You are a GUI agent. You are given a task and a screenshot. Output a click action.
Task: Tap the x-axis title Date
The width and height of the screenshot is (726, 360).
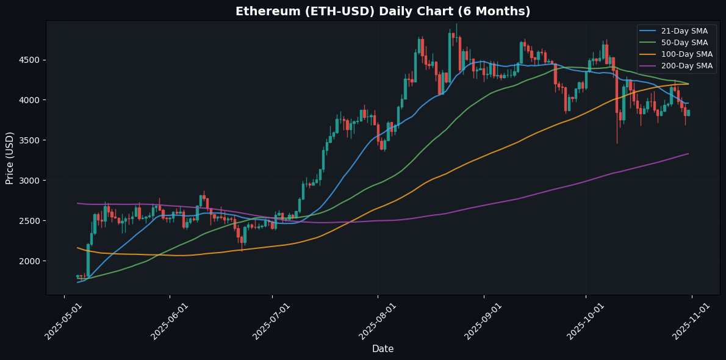coord(383,349)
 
